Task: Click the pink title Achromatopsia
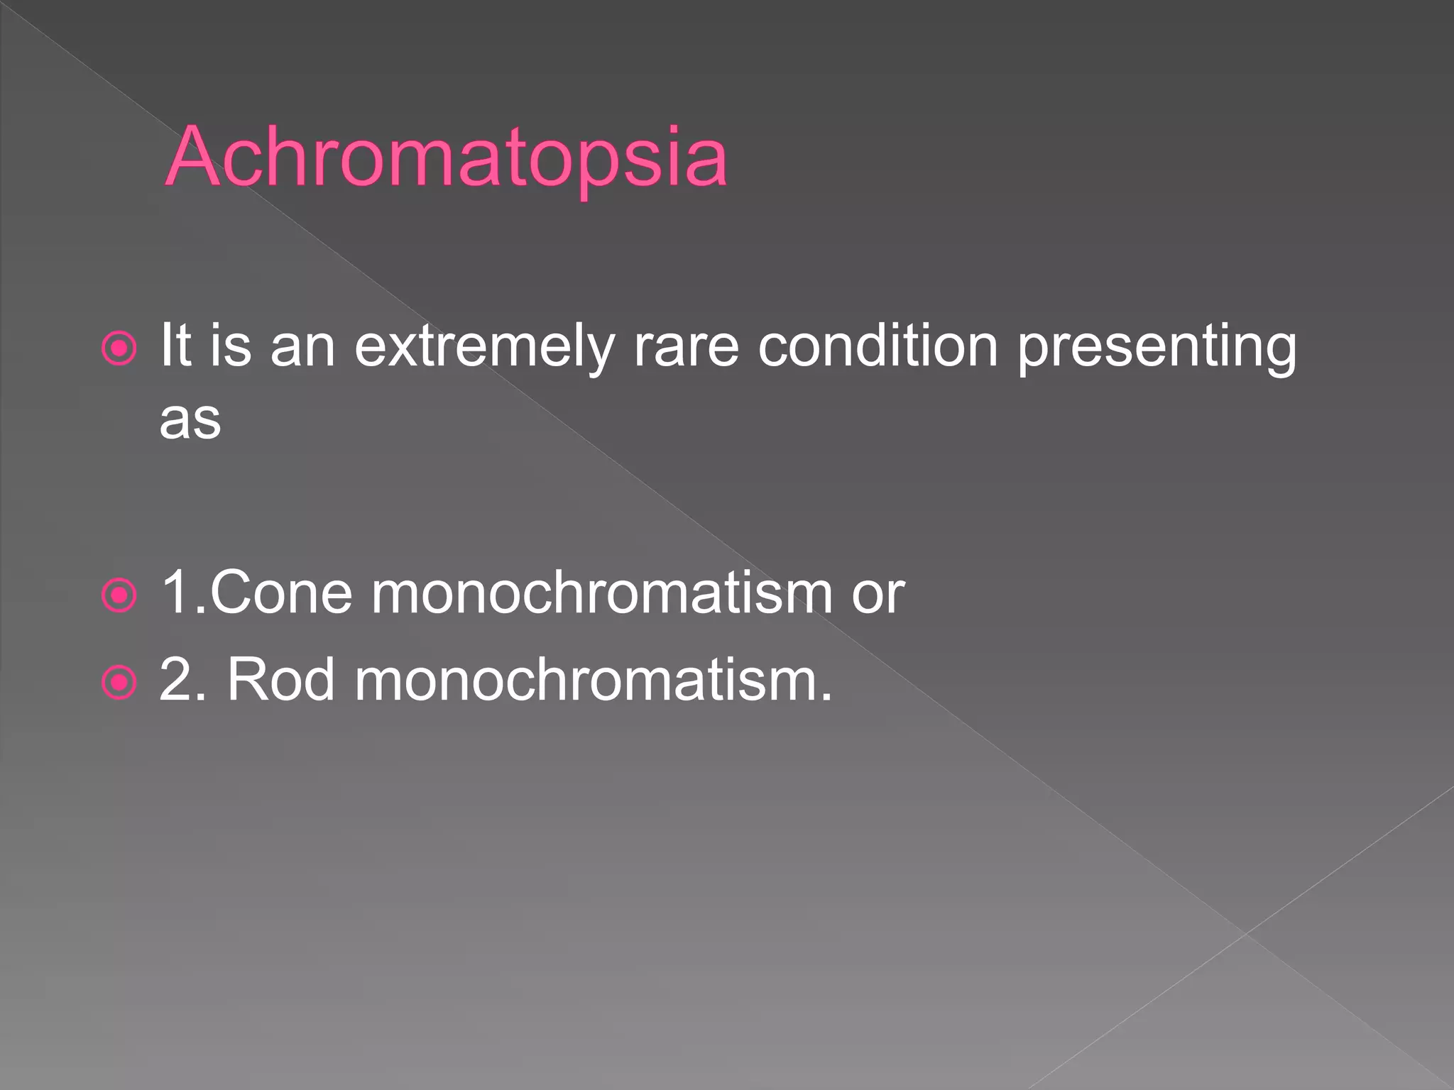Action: click(x=446, y=158)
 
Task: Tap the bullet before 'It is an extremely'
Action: click(x=119, y=348)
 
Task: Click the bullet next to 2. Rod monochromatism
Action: click(x=119, y=683)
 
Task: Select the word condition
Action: click(x=878, y=346)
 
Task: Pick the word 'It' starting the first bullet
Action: click(x=175, y=346)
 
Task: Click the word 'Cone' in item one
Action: click(x=281, y=593)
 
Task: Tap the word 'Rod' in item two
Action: click(x=280, y=680)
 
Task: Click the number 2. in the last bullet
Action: click(x=182, y=680)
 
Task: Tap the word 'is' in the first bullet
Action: click(x=231, y=346)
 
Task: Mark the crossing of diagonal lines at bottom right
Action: click(x=1245, y=934)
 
